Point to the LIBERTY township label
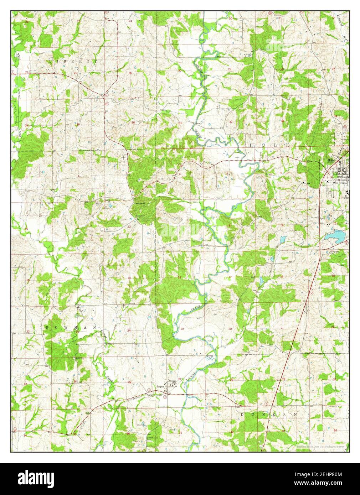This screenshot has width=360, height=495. tap(73, 62)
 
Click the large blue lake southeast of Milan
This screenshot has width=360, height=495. tap(336, 236)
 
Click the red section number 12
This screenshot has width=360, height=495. tap(129, 226)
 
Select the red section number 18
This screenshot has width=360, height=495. tap(180, 278)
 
